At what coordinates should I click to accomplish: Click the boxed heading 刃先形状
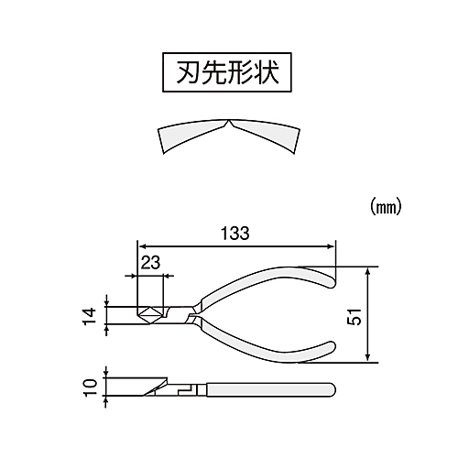227,72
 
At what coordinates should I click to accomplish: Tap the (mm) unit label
386,208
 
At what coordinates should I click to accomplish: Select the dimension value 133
235,234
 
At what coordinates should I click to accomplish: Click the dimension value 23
150,263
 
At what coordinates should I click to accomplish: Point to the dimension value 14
91,317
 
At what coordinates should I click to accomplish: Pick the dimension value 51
354,317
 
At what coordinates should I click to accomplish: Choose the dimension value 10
91,387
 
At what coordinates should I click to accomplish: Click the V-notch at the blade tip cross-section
228,124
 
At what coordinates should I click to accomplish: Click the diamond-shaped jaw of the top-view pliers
149,315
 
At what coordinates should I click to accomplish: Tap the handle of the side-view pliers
271,389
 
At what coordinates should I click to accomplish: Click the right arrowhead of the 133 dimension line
331,246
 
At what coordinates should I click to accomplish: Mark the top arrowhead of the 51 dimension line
368,271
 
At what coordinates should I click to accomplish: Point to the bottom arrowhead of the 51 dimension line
368,358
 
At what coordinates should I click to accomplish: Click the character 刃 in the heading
187,72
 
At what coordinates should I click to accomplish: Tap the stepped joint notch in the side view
187,390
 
